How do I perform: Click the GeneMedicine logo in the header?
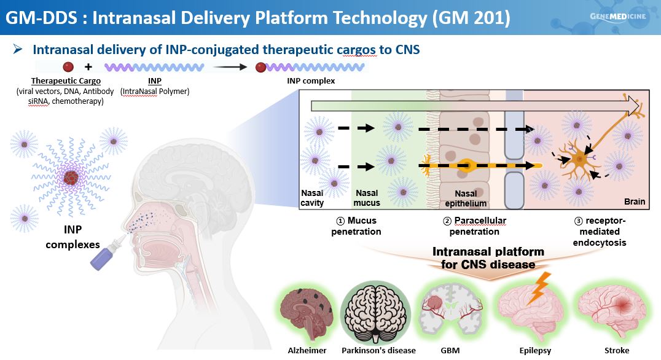coord(617,16)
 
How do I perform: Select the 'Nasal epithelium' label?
coord(466,198)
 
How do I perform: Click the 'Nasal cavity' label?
coord(313,198)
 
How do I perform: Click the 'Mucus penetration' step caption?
coord(356,225)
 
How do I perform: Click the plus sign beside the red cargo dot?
coord(88,66)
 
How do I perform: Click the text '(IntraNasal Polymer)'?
coord(155,92)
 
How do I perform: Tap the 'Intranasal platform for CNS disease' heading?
coord(488,258)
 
